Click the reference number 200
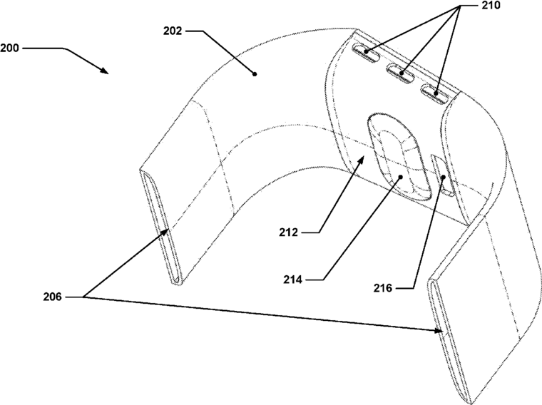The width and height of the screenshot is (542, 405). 11,48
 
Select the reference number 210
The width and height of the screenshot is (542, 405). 491,6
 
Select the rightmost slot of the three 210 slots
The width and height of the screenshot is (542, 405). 434,91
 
